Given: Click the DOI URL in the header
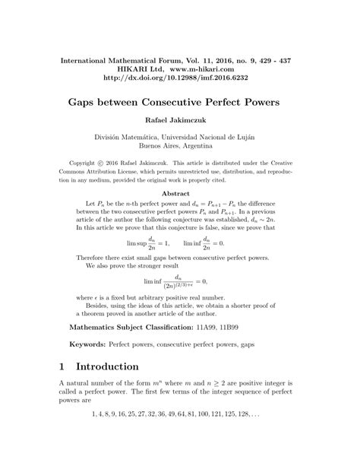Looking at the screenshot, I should pos(179,78).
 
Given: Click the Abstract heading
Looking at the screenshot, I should pos(179,193).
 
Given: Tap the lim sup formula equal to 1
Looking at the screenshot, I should pos(149,243).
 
